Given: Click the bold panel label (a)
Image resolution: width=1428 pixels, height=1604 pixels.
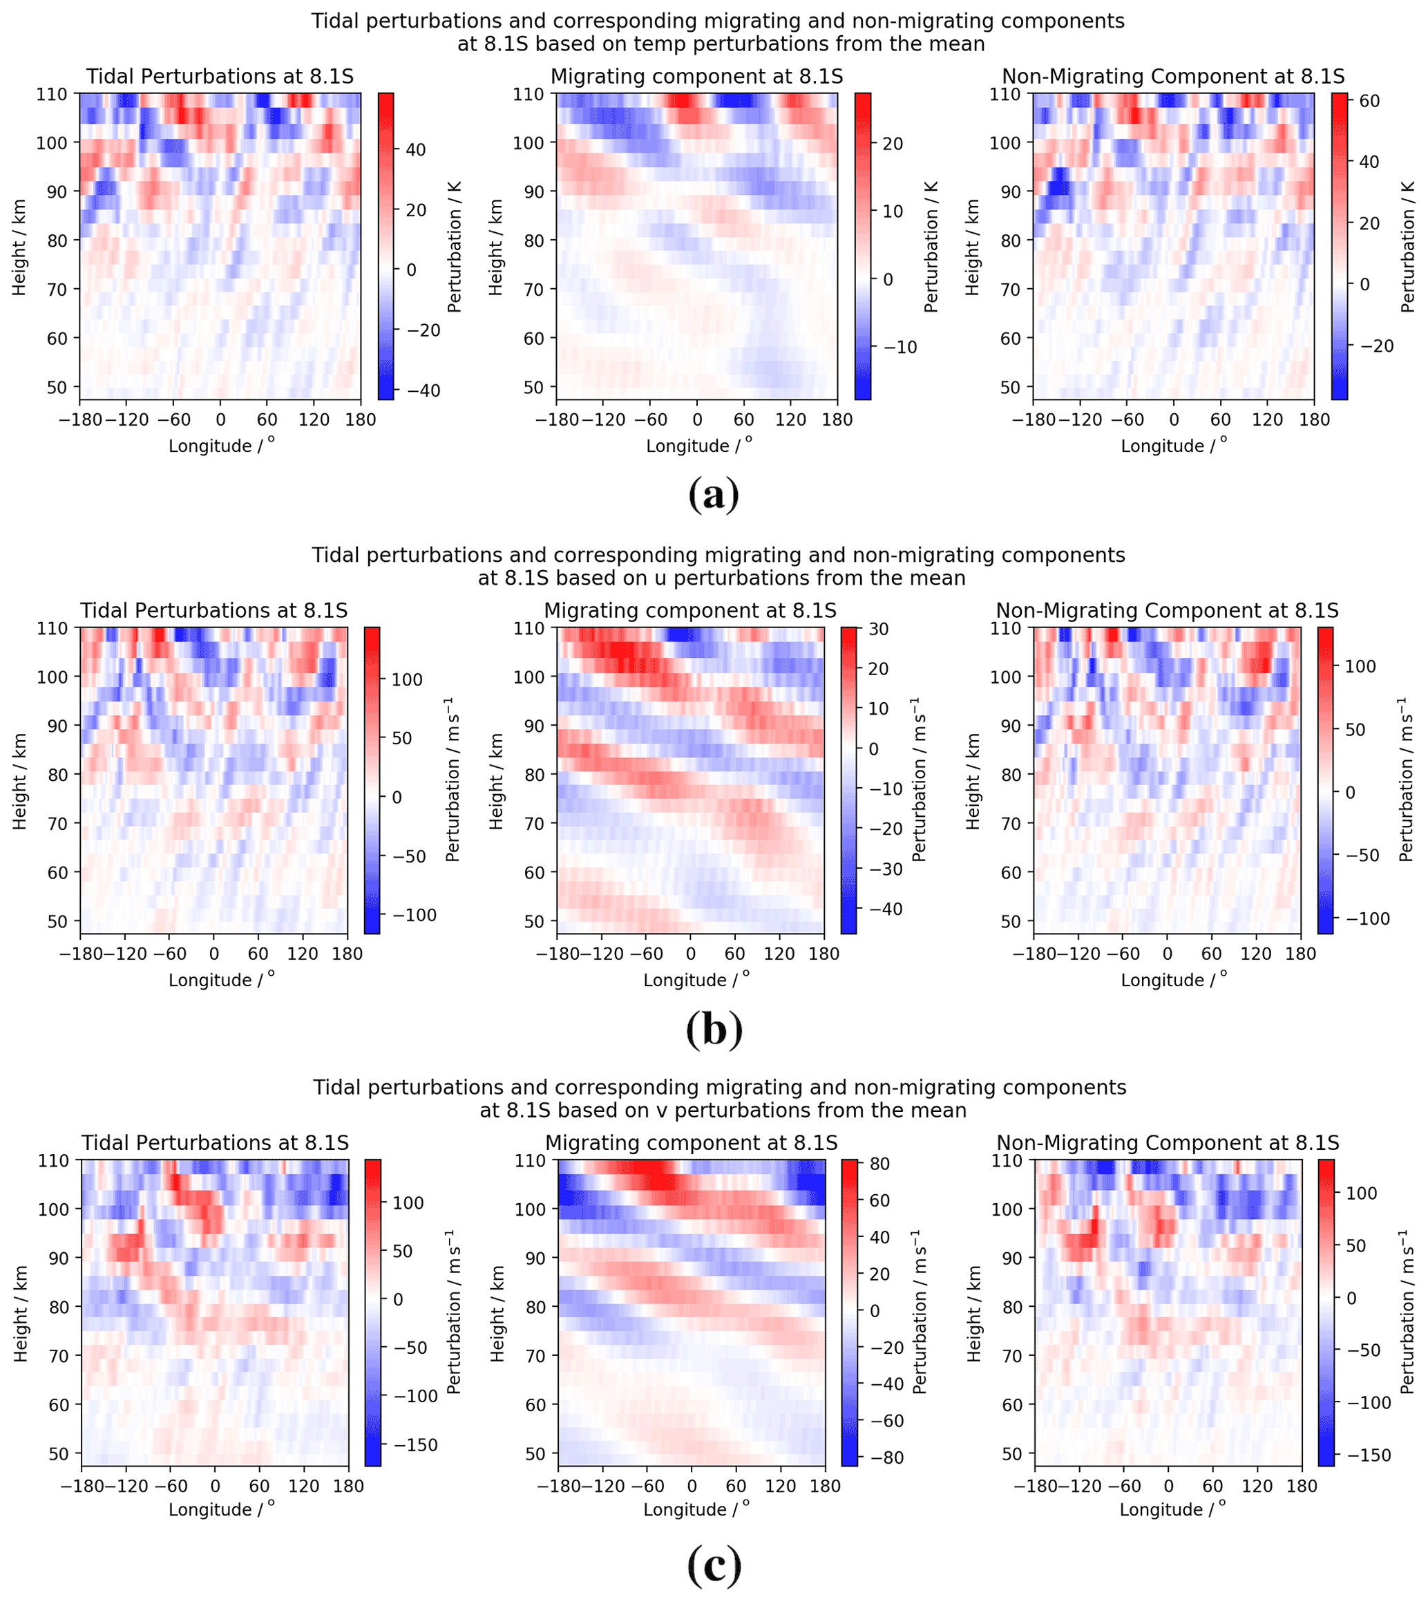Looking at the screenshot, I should click(x=713, y=496).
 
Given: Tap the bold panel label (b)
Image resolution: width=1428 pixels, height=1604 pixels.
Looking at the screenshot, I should click(x=713, y=1029).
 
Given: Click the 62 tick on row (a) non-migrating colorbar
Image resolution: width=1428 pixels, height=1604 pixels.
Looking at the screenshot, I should click(x=1369, y=101).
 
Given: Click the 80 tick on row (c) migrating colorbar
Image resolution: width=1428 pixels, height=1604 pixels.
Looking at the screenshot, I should click(x=880, y=1164).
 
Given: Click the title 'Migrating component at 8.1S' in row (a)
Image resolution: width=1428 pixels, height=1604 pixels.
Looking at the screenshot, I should click(x=697, y=77).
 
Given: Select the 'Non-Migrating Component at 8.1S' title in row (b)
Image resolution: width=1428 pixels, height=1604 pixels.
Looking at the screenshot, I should click(x=1167, y=610).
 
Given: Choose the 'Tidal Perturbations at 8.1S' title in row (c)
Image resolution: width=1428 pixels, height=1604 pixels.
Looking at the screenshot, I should click(x=214, y=1142).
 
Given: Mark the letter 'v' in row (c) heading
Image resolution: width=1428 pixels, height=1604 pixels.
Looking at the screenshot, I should click(x=680, y=1111).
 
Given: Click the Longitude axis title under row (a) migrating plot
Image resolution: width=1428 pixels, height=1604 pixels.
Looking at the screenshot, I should click(x=696, y=446).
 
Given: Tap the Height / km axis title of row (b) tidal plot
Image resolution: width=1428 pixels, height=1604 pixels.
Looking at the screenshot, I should click(x=19, y=782).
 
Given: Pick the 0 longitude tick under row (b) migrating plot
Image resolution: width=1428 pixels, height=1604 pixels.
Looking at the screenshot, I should click(x=690, y=954).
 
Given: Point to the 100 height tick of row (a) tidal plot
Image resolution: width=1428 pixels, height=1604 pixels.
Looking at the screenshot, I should click(x=52, y=143).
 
